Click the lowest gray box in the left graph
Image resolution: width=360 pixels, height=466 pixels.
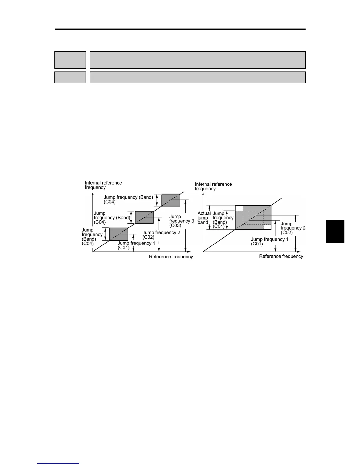click(119, 234)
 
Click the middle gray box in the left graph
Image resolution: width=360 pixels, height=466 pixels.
click(144, 217)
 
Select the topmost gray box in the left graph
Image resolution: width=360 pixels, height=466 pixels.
click(171, 200)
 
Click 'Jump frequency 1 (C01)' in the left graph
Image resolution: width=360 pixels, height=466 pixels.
click(136, 245)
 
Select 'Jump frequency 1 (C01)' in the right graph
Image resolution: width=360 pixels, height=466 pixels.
click(269, 242)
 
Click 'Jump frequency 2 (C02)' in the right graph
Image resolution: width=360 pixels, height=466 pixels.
click(293, 228)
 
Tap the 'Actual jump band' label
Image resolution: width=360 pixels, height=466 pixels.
click(204, 218)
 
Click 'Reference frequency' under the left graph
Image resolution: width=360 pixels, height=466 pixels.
click(171, 257)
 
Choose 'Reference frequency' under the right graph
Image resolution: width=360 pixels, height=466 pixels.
click(281, 257)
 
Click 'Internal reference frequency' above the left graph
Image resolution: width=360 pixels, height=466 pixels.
click(103, 185)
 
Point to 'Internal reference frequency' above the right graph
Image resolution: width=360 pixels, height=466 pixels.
click(213, 186)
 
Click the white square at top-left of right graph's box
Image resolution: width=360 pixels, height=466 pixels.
click(239, 208)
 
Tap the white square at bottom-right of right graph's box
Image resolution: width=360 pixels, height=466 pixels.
click(267, 227)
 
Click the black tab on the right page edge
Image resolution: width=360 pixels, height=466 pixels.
click(335, 232)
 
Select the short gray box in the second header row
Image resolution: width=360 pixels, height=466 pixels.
click(70, 77)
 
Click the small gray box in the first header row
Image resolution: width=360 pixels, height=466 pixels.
click(70, 60)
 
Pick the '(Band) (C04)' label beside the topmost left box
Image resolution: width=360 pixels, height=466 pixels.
click(129, 199)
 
